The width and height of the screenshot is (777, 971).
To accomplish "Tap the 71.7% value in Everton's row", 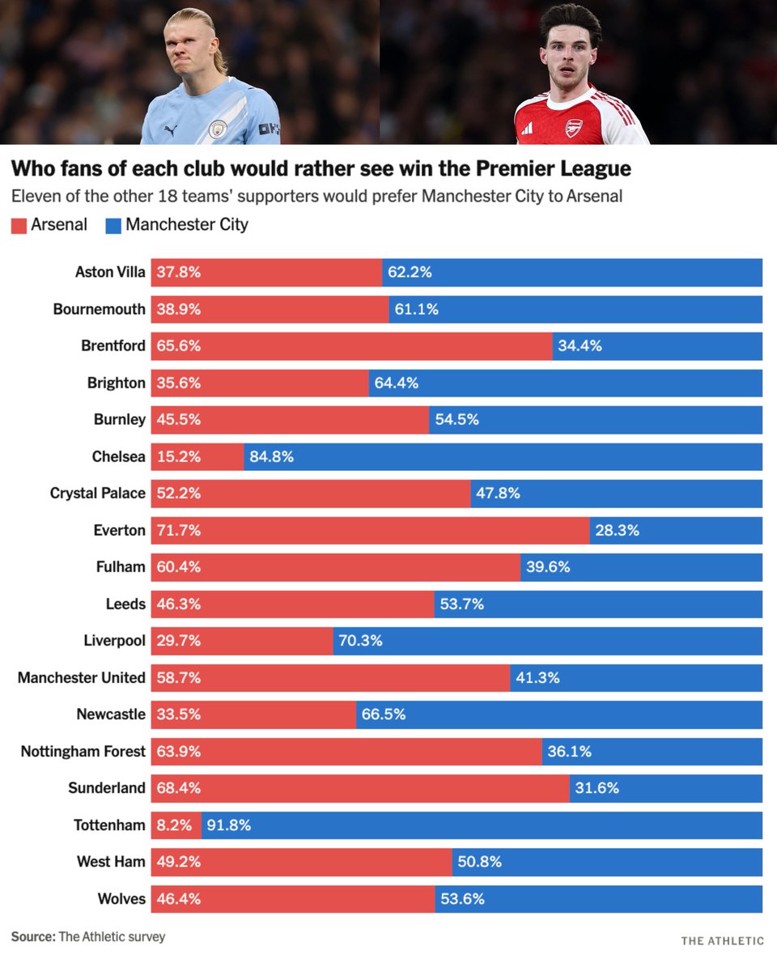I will pyautogui.click(x=178, y=531).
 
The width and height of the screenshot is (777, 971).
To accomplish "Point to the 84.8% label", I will pyautogui.click(x=271, y=456).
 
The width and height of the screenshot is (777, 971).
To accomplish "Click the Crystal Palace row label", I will pyautogui.click(x=98, y=494).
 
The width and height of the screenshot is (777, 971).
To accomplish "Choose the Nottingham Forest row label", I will pyautogui.click(x=83, y=752).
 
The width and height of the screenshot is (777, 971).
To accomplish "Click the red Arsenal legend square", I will pyautogui.click(x=19, y=226).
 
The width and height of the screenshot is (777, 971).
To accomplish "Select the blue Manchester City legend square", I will pyautogui.click(x=113, y=226).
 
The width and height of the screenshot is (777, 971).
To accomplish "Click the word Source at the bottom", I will pyautogui.click(x=32, y=937).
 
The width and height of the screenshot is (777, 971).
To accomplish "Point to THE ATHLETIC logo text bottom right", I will pyautogui.click(x=722, y=940).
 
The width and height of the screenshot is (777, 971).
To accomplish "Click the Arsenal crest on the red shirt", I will pyautogui.click(x=574, y=127).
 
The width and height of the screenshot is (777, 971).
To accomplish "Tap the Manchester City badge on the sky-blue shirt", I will pyautogui.click(x=217, y=129).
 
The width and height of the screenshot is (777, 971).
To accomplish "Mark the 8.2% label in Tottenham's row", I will pyautogui.click(x=172, y=825).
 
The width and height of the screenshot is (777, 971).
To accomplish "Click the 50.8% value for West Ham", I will pyautogui.click(x=479, y=862).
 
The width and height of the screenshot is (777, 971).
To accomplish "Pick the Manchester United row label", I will pyautogui.click(x=82, y=678).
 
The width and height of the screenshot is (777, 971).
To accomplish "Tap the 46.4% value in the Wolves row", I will pyautogui.click(x=178, y=899).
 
